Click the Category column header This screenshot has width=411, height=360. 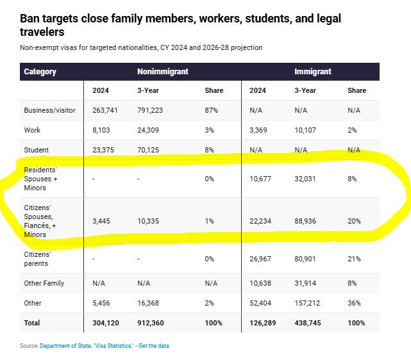(x=40, y=71)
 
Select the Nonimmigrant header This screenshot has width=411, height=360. (x=162, y=71)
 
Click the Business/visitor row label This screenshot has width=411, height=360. (x=49, y=110)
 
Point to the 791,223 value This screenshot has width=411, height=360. (x=150, y=110)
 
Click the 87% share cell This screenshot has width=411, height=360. (x=211, y=110)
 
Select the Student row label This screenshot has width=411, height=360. (x=37, y=150)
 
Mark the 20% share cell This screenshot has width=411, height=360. (x=354, y=221)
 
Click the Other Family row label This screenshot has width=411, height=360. (x=44, y=283)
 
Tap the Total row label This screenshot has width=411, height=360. (x=32, y=323)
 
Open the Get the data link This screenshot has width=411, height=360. (x=154, y=346)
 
